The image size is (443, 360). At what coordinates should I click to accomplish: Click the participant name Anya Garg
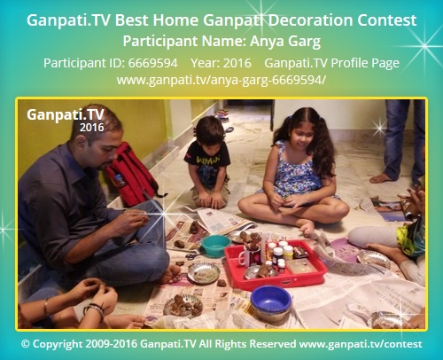pyautogui.click(x=285, y=42)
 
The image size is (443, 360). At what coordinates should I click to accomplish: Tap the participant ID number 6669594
pyautogui.click(x=153, y=63)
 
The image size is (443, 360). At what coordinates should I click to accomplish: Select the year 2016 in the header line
pyautogui.click(x=237, y=63)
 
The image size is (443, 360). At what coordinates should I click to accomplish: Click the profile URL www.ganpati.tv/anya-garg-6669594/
pyautogui.click(x=221, y=80)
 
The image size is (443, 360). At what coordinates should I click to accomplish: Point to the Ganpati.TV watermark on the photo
pyautogui.click(x=66, y=114)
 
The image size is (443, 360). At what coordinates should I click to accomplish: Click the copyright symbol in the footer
pyautogui.click(x=26, y=344)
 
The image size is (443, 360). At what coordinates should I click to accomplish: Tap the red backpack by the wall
pyautogui.click(x=132, y=175)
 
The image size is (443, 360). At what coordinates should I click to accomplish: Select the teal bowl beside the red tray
pyautogui.click(x=215, y=245)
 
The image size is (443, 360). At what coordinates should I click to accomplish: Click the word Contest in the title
pyautogui.click(x=387, y=20)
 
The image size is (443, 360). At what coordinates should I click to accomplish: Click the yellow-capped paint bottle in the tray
pyautogui.click(x=288, y=252)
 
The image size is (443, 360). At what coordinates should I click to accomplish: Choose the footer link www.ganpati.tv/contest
pyautogui.click(x=361, y=344)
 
